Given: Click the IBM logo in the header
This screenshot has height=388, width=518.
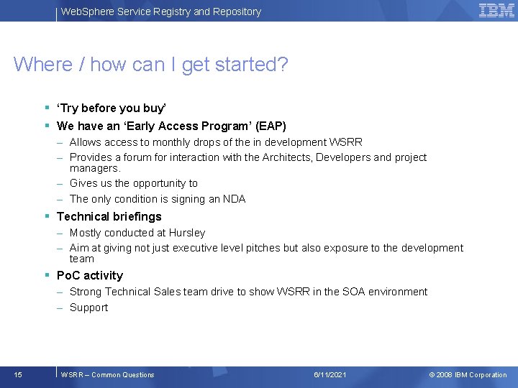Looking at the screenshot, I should click(x=496, y=10).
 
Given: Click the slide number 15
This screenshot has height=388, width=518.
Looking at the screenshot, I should click(x=18, y=374).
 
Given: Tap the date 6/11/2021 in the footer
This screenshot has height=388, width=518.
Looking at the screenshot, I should click(x=330, y=374).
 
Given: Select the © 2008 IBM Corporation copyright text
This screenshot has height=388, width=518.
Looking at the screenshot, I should click(x=468, y=374).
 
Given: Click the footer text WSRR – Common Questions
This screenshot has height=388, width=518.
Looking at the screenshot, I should click(x=107, y=374).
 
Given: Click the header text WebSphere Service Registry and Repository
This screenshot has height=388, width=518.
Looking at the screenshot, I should click(x=160, y=11).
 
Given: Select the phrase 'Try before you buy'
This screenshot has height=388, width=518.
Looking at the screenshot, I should click(x=112, y=108).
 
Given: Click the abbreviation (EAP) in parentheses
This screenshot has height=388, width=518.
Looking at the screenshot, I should click(x=271, y=126).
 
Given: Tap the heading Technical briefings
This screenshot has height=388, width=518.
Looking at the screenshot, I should click(x=109, y=216).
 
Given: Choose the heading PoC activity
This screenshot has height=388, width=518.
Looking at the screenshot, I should click(x=89, y=275).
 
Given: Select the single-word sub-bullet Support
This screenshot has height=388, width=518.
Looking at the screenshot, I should click(x=88, y=308).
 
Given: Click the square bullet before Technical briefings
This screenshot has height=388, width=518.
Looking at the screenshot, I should click(x=47, y=216).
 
